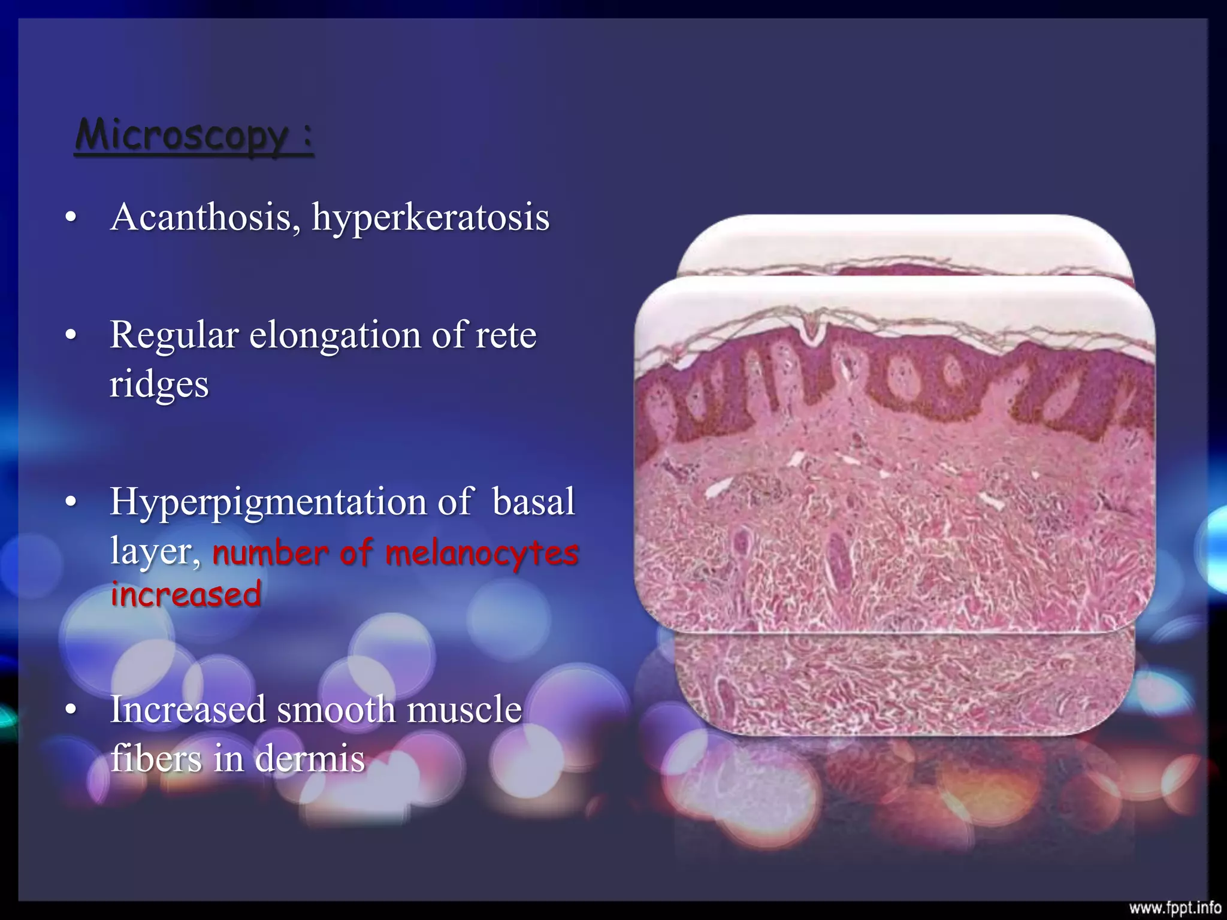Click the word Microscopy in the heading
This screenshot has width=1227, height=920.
click(x=182, y=136)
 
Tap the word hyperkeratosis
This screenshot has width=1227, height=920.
click(x=430, y=218)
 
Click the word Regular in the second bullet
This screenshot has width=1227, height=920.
click(x=174, y=335)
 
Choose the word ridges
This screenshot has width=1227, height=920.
click(x=159, y=385)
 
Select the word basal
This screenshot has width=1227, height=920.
click(x=533, y=502)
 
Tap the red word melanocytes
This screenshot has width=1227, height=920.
click(x=482, y=552)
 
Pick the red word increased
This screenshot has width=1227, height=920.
click(x=186, y=594)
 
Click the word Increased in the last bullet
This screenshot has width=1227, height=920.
click(x=188, y=710)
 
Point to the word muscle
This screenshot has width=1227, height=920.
click(x=464, y=710)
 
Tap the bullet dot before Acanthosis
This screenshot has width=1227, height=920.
click(x=71, y=218)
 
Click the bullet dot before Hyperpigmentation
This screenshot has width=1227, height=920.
click(x=71, y=503)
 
